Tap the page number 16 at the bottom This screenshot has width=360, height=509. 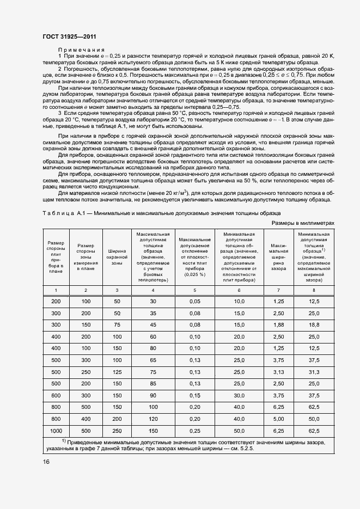[x=46, y=462]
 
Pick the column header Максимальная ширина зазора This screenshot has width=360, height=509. [x=278, y=255]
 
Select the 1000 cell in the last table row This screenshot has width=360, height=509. [x=56, y=431]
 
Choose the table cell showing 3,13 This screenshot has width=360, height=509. [x=278, y=372]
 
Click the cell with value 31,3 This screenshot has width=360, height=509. [x=314, y=372]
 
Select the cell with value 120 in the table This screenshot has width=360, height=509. [x=153, y=419]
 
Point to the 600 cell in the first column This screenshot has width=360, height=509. [x=56, y=395]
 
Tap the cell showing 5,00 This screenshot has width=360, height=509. [x=278, y=419]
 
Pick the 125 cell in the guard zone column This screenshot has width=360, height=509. [x=117, y=372]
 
